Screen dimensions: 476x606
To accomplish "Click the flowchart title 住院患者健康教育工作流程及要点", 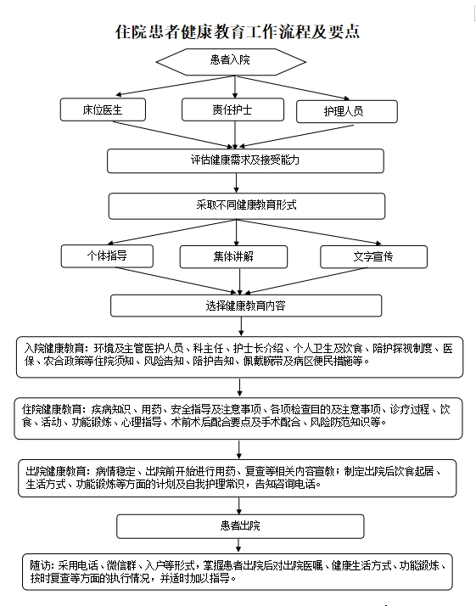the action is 238,31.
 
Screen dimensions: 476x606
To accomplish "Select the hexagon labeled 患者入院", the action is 231,62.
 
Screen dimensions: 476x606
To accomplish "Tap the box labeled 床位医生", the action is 103,109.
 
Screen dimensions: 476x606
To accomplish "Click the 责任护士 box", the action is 232,109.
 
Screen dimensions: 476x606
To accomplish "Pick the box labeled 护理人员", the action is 346,112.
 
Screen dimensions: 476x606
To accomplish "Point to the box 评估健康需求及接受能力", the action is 245,160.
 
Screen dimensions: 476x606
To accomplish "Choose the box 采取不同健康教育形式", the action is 247,206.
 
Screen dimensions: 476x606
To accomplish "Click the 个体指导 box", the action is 107,255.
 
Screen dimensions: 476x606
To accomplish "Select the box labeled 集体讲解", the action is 233,256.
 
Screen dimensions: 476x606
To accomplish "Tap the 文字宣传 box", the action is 373,256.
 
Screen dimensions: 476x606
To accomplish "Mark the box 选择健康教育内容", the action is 246,306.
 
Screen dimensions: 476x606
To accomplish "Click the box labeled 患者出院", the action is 240,526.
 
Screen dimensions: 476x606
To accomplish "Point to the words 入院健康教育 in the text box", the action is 54,349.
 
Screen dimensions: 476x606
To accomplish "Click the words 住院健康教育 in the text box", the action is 52,409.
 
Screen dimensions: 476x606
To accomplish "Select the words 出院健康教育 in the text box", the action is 56,472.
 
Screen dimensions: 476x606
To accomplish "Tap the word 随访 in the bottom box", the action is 40,566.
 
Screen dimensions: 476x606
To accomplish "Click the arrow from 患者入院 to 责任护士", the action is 235,87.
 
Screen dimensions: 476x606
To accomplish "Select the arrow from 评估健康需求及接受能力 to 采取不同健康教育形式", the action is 237,182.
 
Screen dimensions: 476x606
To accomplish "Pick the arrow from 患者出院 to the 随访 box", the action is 238,546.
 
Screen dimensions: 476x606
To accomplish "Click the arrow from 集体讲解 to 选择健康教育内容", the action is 240,282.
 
